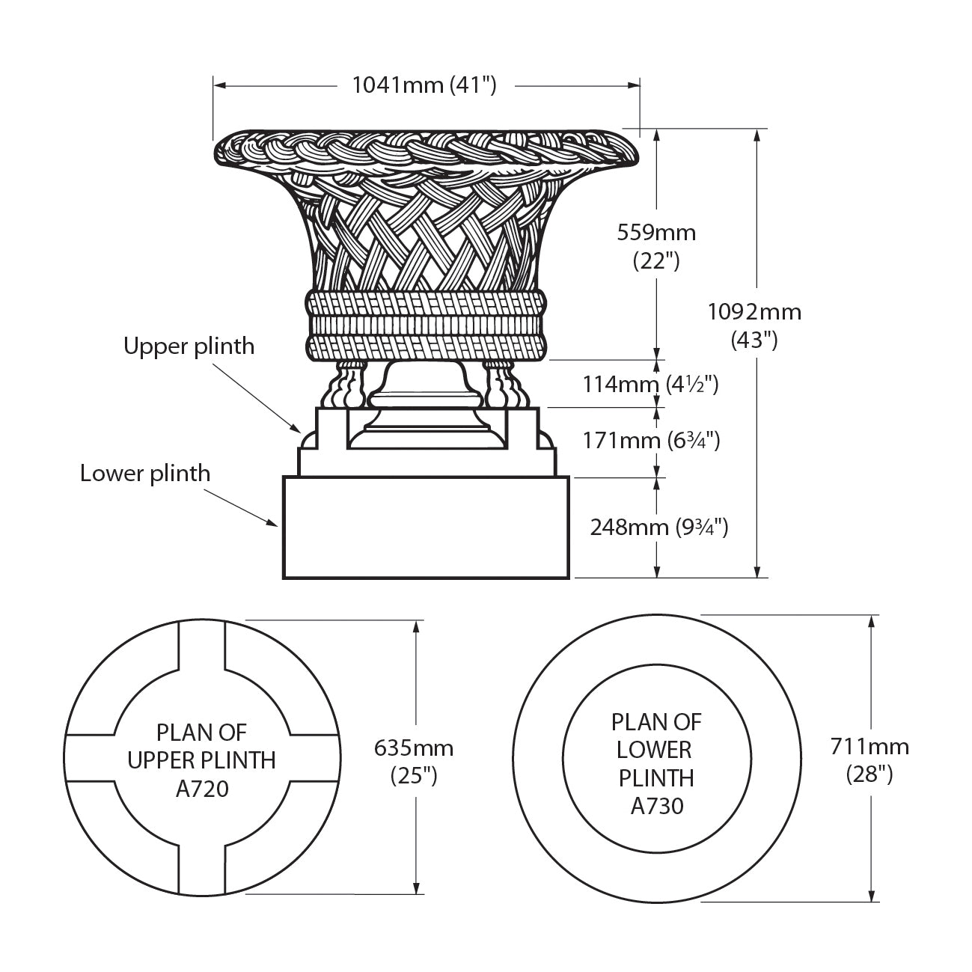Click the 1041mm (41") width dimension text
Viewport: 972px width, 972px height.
click(424, 85)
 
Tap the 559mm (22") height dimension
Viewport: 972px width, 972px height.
click(656, 246)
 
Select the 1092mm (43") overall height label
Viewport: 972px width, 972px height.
click(754, 325)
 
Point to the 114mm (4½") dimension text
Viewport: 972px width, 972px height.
click(650, 385)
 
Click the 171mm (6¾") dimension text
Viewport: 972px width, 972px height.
click(651, 440)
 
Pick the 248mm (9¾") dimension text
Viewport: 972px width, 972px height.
click(658, 527)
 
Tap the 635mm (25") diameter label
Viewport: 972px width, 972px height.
click(414, 761)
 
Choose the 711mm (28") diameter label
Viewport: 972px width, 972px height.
click(869, 759)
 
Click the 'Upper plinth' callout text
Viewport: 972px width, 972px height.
click(189, 346)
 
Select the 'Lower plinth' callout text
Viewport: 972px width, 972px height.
click(145, 474)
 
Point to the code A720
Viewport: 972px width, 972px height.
click(201, 789)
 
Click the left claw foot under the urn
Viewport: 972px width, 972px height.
click(348, 385)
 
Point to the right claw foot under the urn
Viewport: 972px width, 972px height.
click(498, 385)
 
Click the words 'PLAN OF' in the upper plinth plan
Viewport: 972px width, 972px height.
click(201, 732)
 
